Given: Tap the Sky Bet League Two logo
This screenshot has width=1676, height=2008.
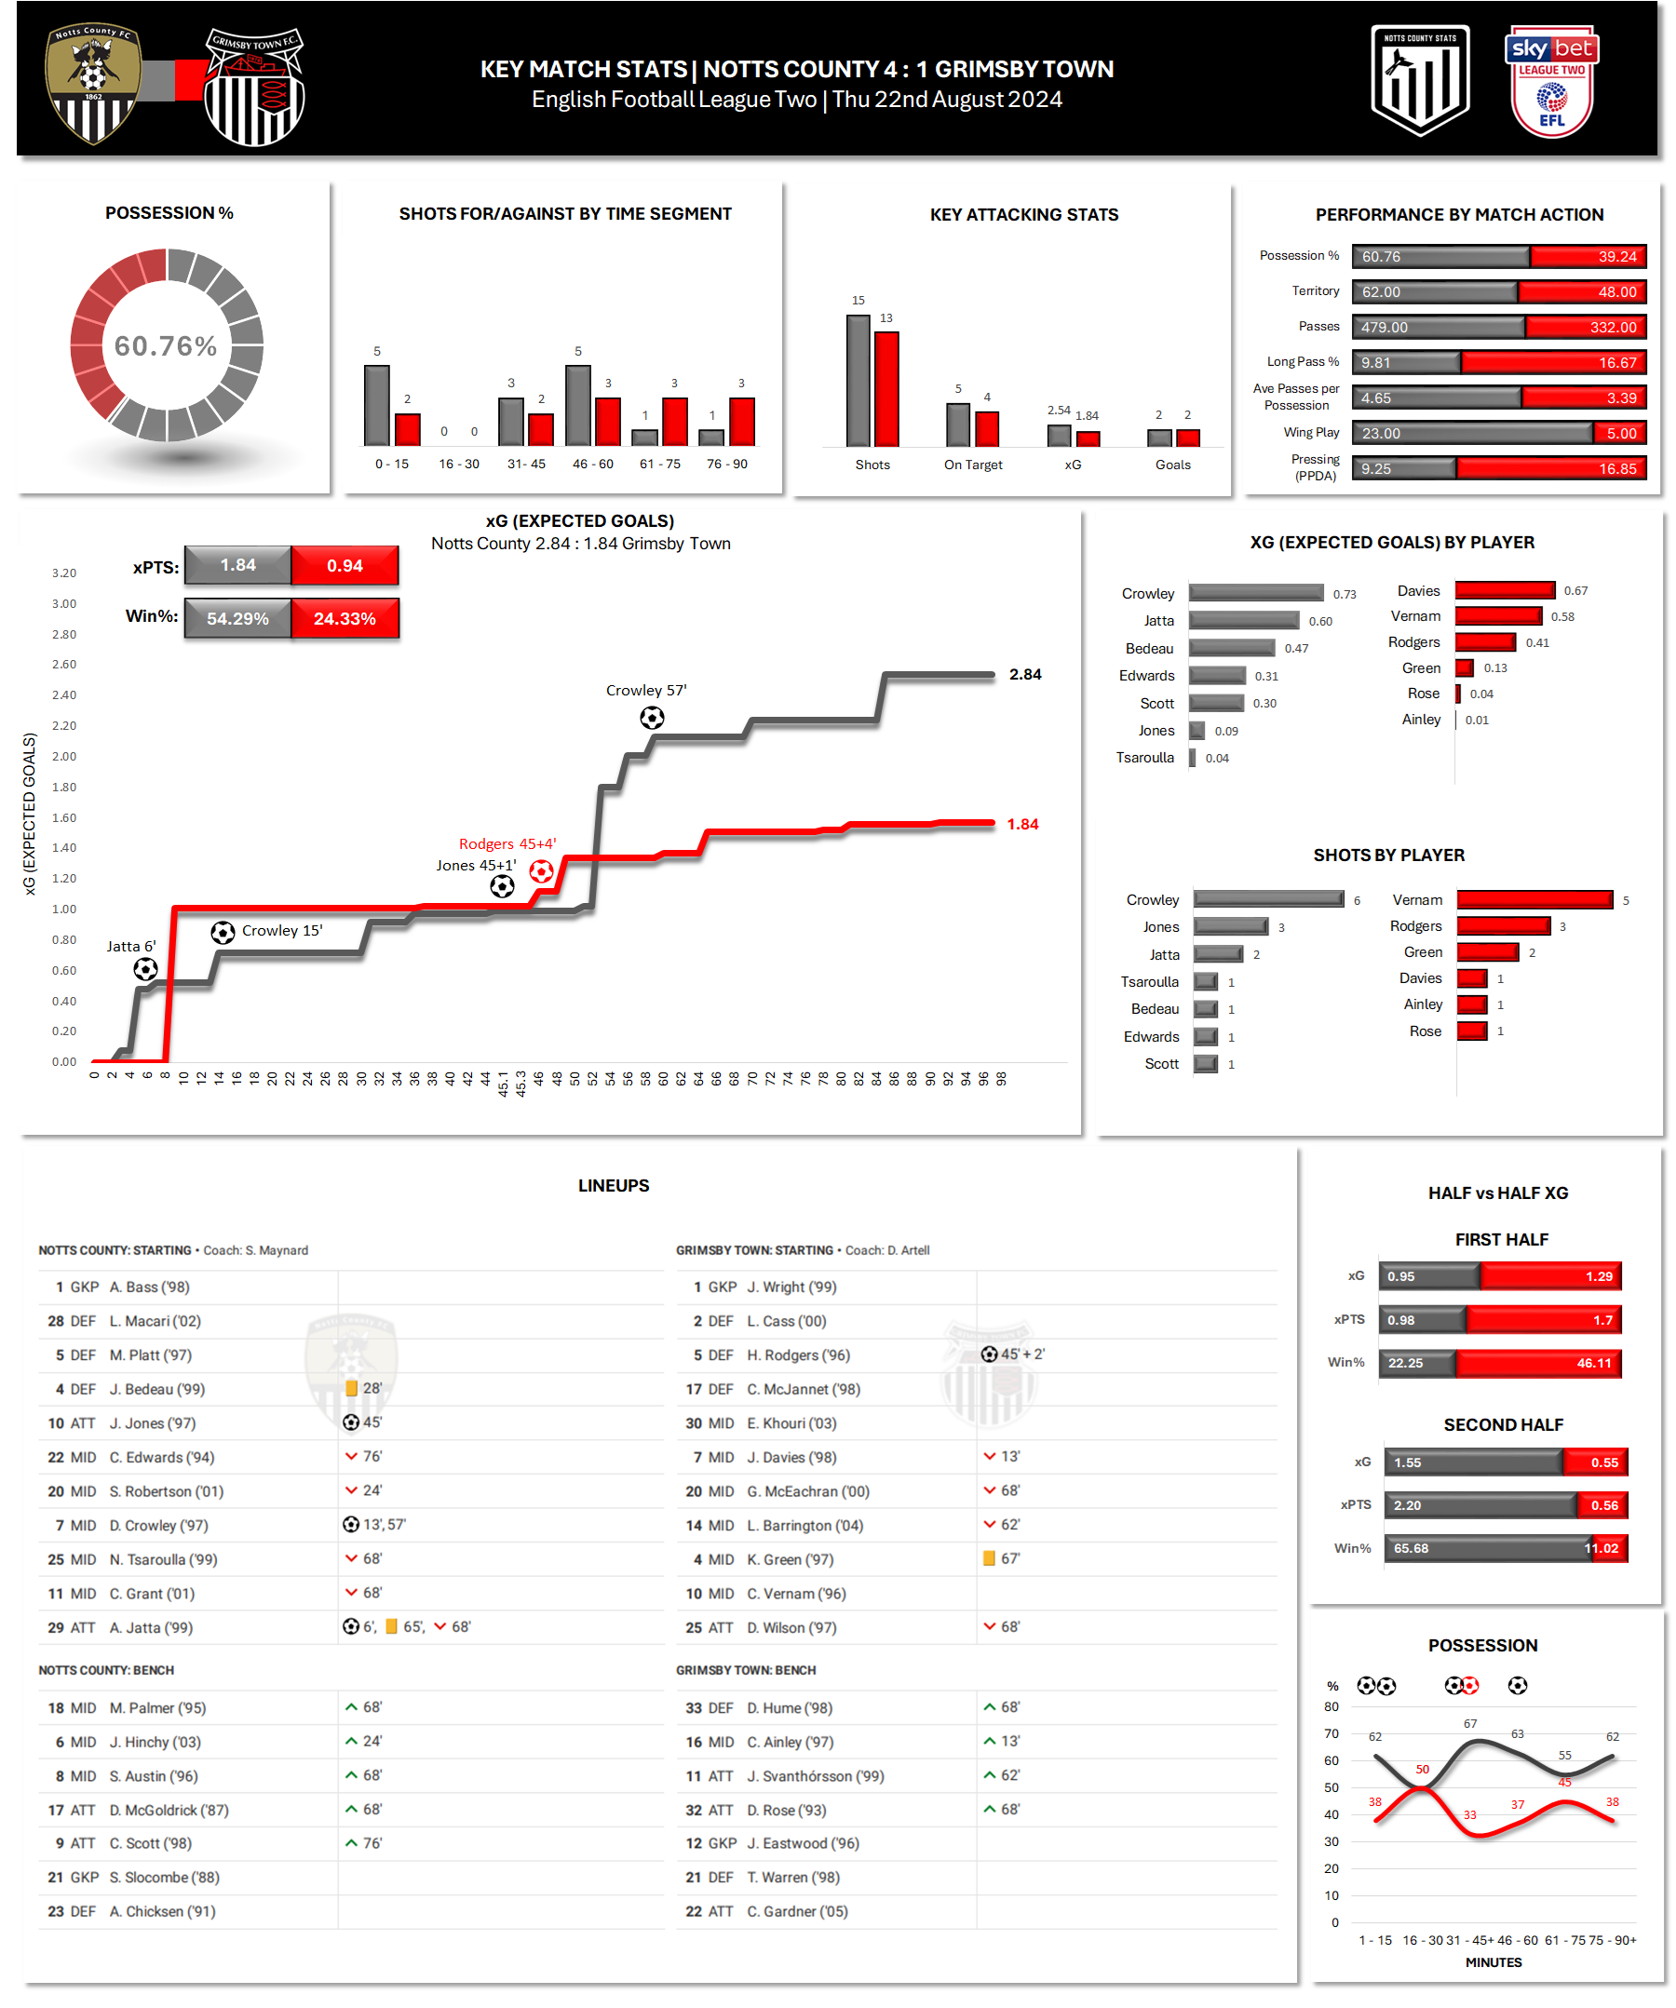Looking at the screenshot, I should pos(1550,83).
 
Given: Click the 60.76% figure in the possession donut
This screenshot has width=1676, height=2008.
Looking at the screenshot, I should pos(166,346).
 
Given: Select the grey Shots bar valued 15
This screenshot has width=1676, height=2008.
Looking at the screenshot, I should pos(858,381).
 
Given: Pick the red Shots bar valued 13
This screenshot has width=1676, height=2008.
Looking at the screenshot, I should pos(886,388).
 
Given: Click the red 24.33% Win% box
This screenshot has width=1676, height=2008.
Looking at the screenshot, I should pos(345,619).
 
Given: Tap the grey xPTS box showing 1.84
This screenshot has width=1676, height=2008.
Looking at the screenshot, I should pos(238,565).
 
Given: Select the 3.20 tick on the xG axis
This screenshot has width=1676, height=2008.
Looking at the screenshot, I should pos(64,573).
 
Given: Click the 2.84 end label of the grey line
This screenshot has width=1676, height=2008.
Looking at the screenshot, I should pos(1024,674).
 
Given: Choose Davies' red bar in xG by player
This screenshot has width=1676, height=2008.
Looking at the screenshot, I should pos(1504,590).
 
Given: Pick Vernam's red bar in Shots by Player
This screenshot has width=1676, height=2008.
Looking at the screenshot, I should pos(1534,900).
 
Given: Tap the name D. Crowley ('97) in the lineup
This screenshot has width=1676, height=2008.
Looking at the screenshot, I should pos(158,1525).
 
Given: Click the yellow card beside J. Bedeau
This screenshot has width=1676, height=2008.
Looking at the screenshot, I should pos(351,1388).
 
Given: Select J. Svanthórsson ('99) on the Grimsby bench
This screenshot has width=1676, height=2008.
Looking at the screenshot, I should pos(815,1775).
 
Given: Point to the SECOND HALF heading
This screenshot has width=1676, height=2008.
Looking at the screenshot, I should pos(1502,1424).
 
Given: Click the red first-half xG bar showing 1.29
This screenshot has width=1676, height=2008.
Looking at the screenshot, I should pos(1548,1276).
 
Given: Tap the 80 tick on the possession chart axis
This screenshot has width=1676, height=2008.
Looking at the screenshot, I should pos(1331,1706).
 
